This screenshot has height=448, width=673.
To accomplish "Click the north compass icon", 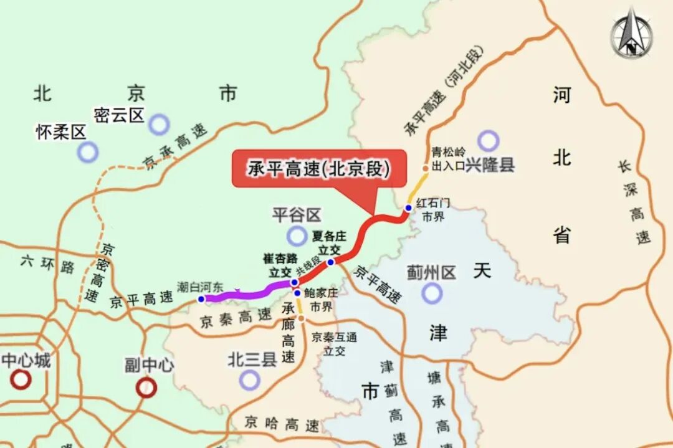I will [631, 32].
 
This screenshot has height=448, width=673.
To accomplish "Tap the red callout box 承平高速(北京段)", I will [318, 168].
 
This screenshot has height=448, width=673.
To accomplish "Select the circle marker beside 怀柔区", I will [88, 151].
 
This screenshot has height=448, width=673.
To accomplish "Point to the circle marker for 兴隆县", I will [489, 141].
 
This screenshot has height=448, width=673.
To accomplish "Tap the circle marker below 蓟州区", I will [431, 293].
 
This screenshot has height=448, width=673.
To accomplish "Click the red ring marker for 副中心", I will [146, 388].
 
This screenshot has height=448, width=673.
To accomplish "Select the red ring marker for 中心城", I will [21, 379].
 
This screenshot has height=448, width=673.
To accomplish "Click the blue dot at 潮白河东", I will [201, 299].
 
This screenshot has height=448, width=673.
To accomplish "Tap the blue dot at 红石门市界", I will [408, 208].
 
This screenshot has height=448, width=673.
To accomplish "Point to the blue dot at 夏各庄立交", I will [331, 262].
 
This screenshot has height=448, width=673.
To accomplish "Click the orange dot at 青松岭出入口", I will [426, 168].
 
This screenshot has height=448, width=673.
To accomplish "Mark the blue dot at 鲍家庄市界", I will [297, 293].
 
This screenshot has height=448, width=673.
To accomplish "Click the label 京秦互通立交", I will [335, 344].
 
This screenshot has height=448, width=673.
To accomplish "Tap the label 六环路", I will [47, 264].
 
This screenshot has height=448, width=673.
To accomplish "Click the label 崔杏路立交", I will [280, 265].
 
